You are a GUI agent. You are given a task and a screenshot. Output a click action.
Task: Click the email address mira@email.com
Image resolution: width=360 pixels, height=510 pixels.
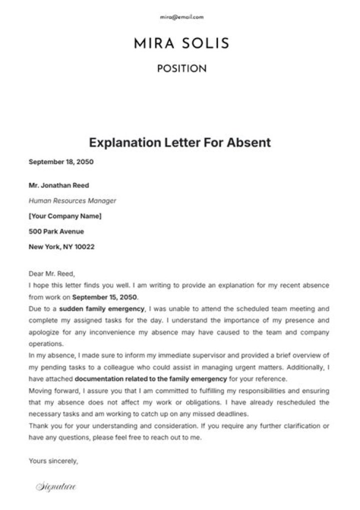[x=181, y=17]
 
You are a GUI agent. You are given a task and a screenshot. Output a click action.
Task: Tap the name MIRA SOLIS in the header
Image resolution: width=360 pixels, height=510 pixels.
[x=181, y=44]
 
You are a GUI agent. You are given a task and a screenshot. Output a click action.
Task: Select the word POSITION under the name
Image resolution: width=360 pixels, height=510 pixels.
[x=181, y=69]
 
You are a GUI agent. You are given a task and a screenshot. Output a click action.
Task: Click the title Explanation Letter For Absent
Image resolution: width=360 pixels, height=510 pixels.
[x=180, y=143]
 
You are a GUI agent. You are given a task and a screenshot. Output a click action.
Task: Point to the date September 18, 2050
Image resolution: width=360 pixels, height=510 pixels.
[x=61, y=162]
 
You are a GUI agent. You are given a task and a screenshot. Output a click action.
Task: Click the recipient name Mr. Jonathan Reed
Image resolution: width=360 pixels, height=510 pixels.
[x=59, y=185]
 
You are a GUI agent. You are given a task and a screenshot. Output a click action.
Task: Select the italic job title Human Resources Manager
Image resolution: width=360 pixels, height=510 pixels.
[x=72, y=201]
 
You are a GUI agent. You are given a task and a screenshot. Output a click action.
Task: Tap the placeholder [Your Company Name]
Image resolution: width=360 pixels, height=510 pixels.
[x=65, y=216]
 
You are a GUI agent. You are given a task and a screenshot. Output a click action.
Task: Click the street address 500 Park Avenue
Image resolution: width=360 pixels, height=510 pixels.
[x=56, y=232]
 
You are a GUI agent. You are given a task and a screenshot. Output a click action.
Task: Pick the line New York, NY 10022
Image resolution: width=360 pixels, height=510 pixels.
[x=61, y=247]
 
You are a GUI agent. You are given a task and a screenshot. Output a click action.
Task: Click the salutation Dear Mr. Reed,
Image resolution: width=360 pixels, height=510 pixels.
[x=51, y=274]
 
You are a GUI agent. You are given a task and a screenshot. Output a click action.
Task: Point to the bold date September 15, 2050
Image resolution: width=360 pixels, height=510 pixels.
[x=105, y=297]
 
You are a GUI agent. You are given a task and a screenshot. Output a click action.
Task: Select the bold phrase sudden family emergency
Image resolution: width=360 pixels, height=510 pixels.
[x=102, y=309]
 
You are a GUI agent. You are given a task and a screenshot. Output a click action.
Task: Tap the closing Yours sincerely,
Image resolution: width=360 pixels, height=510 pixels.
[x=53, y=460]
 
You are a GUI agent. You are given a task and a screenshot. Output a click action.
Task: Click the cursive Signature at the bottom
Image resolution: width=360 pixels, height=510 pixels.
[x=55, y=486]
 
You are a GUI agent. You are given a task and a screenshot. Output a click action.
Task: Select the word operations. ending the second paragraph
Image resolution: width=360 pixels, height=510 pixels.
[x=46, y=344]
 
